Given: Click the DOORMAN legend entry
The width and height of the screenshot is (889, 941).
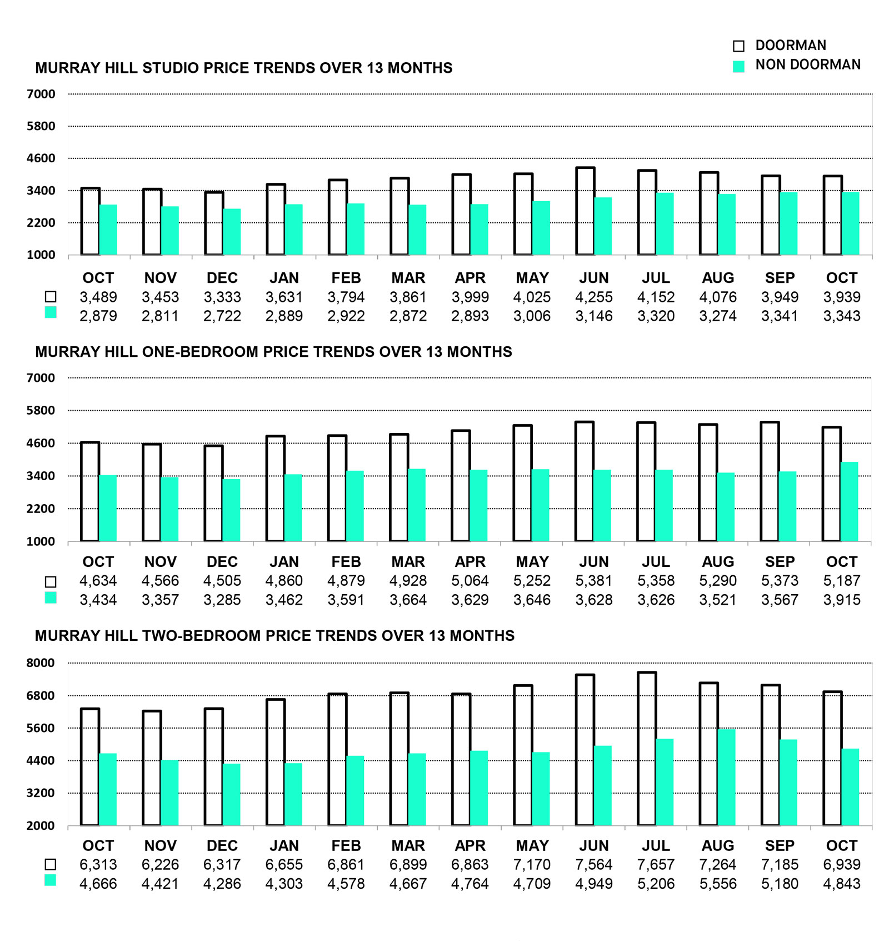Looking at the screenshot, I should pos(790,46).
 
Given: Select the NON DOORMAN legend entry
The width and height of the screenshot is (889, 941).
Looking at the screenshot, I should pos(807,65).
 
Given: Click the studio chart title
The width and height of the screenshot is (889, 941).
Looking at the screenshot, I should pos(243,68).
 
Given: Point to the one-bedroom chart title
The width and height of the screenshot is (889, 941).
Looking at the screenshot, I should pos(273,352).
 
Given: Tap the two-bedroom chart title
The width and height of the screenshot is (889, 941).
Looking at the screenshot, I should pos(274,636).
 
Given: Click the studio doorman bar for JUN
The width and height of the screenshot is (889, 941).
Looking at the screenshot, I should pos(585,211).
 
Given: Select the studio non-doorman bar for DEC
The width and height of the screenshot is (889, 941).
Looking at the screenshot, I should pos(232,232).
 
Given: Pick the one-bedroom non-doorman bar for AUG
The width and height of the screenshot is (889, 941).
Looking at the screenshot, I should pos(726,507).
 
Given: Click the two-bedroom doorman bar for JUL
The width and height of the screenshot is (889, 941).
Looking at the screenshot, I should pos(647,749).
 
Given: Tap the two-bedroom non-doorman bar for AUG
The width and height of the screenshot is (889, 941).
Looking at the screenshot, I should pos(726,777).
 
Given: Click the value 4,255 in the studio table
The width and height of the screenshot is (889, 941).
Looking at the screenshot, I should pos(594,297).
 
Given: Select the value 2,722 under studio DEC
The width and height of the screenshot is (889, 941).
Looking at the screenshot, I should pos(222,316).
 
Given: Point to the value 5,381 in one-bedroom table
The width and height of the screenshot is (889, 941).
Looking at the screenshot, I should pos(594,581).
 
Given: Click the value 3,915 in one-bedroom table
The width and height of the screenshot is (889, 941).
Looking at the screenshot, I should pos(842,600).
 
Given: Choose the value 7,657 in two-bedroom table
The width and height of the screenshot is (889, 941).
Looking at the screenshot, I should pos(656,865).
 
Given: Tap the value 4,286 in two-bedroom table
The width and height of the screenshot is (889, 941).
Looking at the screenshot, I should pos(222,884).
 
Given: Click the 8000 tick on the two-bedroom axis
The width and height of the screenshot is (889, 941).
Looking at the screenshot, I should pos(41,663).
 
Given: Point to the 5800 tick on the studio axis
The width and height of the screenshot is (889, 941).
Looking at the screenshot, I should pos(41,126).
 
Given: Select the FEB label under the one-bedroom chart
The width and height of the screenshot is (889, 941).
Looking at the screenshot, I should pos(346,562).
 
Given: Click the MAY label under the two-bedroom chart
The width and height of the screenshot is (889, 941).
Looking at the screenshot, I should pos(532,846).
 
